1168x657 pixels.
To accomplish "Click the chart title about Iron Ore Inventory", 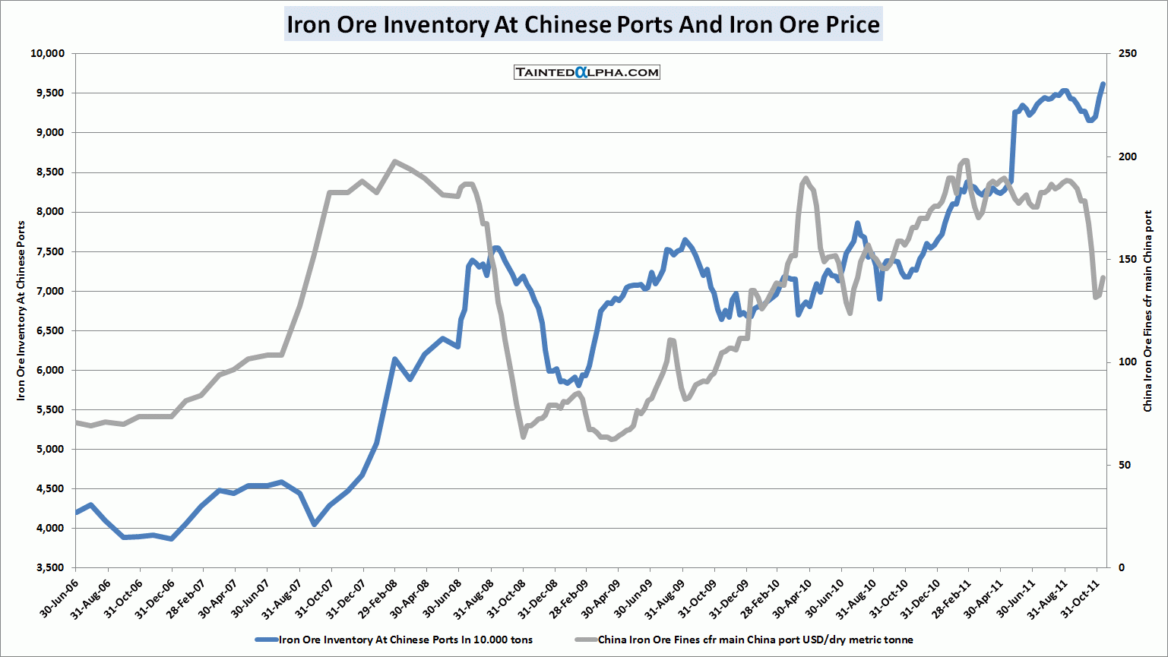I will click(x=583, y=24).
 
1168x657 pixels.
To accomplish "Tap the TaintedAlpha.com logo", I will click(x=587, y=72).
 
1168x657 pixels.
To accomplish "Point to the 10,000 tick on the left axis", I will click(x=47, y=53).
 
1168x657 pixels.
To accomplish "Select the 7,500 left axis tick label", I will click(x=50, y=251).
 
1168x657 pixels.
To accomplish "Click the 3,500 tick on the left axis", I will click(x=50, y=567).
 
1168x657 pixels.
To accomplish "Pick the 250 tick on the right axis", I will click(x=1128, y=53).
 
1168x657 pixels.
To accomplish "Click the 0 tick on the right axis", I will click(x=1122, y=567).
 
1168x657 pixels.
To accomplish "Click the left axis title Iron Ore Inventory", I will click(x=21, y=311).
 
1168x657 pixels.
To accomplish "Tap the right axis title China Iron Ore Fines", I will click(x=1147, y=311).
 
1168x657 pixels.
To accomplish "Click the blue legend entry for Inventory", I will click(x=395, y=640).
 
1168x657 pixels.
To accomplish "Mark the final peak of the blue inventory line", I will click(x=1103, y=84).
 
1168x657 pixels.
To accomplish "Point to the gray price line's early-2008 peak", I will click(x=394, y=161).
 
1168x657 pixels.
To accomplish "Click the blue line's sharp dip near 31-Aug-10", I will click(x=879, y=298).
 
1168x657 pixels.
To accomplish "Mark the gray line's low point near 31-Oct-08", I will click(x=523, y=437).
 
